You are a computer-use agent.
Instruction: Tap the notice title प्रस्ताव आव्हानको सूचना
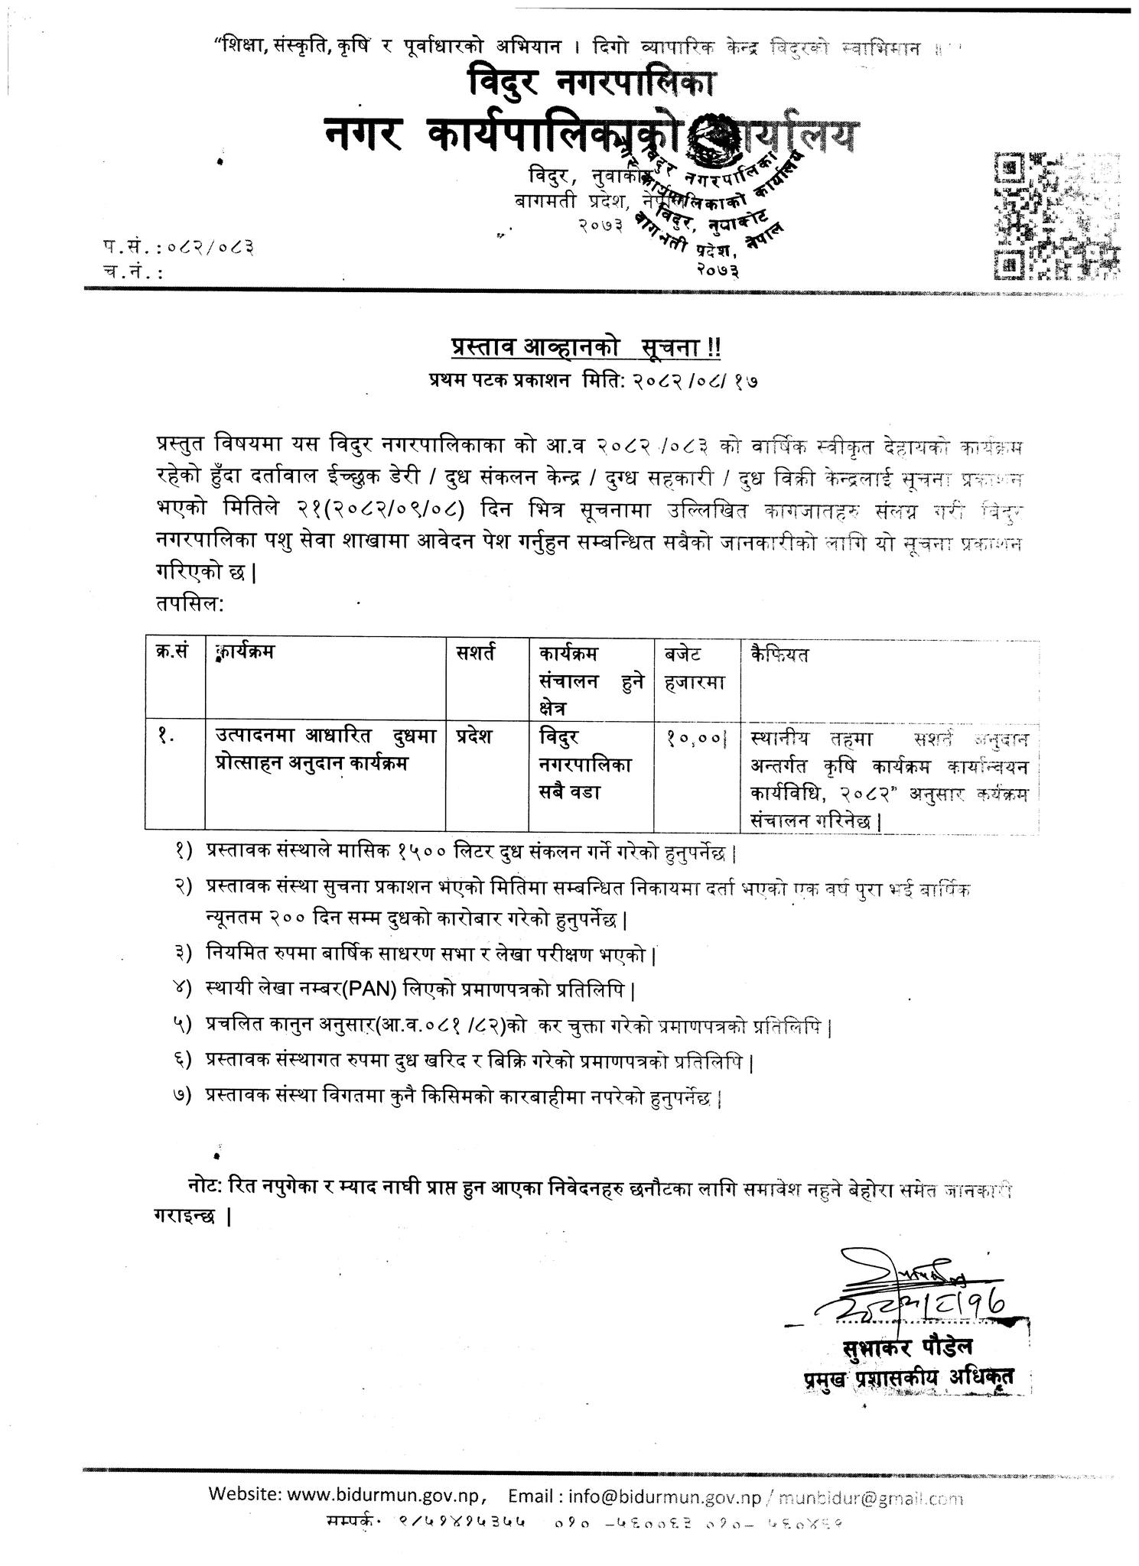click(x=584, y=349)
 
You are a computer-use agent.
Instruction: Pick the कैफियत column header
click(x=779, y=655)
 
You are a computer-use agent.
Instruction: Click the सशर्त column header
click(x=474, y=655)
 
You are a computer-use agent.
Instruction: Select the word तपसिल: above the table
click(x=189, y=604)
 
